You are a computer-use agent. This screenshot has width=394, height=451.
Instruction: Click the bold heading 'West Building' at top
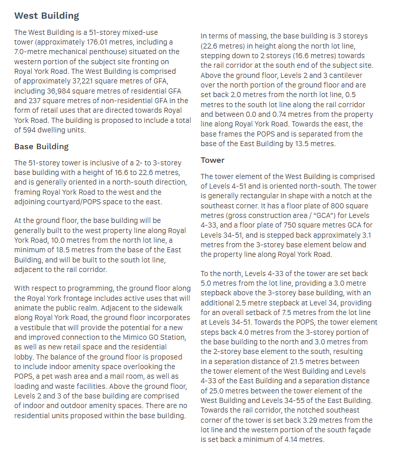(x=46, y=15)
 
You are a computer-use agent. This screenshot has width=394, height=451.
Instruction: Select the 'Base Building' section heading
(x=41, y=147)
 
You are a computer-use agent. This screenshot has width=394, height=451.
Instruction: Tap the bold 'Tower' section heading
(x=212, y=160)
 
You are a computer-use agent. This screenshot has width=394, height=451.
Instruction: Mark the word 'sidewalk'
(x=163, y=308)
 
